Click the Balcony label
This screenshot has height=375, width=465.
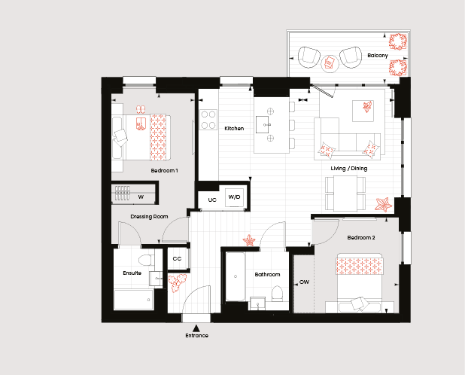tap(378, 56)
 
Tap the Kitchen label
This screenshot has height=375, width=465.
tap(234, 129)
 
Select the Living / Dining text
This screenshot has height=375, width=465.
tap(349, 169)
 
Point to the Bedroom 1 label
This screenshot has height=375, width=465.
tap(164, 171)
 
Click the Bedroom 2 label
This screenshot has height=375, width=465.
tap(361, 238)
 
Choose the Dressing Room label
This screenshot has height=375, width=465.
tap(149, 217)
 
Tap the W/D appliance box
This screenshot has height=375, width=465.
tap(234, 197)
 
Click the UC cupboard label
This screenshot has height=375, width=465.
tap(212, 200)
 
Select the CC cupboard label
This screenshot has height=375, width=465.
tap(177, 259)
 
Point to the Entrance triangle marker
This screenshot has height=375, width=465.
tap(196, 328)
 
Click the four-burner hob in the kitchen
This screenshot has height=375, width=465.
tap(208, 120)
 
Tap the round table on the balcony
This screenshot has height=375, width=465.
tap(330, 63)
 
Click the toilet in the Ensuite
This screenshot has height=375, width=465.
tap(146, 261)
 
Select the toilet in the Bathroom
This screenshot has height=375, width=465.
tap(278, 294)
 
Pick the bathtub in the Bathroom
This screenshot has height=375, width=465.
tap(236, 276)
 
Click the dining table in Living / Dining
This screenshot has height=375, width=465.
tap(345, 194)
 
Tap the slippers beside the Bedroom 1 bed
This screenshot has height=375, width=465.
tap(141, 110)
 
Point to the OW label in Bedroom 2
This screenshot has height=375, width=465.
tap(304, 282)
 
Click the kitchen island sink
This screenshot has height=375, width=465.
tap(263, 124)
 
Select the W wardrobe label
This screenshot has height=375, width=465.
tap(141, 197)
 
